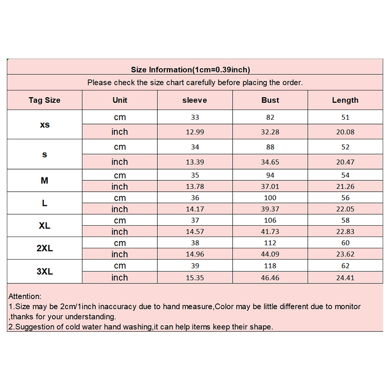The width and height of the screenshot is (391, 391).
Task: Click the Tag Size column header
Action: pyautogui.click(x=44, y=100)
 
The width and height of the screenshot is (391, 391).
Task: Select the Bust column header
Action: pyautogui.click(x=270, y=100)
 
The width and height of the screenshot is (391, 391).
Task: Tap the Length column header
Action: pyautogui.click(x=345, y=100)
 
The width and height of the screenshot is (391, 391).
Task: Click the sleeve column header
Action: pyautogui.click(x=195, y=100)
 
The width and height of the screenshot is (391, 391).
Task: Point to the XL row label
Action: pyautogui.click(x=44, y=226)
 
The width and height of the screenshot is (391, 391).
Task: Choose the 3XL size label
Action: pyautogui.click(x=44, y=271)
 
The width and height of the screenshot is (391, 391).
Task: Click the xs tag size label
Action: pyautogui.click(x=44, y=125)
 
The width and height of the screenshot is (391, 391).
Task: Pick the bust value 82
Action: pyautogui.click(x=270, y=117)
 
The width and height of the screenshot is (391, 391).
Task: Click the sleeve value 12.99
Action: pyautogui.click(x=195, y=132)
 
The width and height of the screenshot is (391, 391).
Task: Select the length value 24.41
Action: pyautogui.click(x=345, y=278)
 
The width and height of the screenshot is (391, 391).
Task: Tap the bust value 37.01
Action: pyautogui.click(x=270, y=186)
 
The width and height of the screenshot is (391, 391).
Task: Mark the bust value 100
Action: pyautogui.click(x=270, y=198)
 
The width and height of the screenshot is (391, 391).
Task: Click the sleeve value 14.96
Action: pyautogui.click(x=195, y=254)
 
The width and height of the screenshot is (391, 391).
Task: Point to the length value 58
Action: pyautogui.click(x=345, y=220)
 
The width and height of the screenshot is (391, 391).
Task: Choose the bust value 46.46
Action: pyautogui.click(x=270, y=278)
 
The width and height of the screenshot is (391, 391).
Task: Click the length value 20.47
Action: pyautogui.click(x=345, y=162)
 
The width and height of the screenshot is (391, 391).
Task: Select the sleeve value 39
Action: pyautogui.click(x=195, y=266)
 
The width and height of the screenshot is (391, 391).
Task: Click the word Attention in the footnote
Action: pyautogui.click(x=25, y=296)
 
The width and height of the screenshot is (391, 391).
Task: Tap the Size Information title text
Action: pyautogui.click(x=191, y=69)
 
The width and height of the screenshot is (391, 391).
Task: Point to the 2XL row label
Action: pyautogui.click(x=44, y=248)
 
